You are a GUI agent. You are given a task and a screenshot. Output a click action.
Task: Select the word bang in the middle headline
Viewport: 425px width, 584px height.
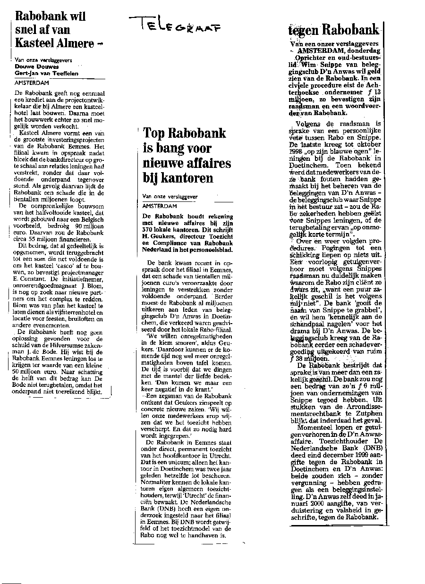pyautogui.click(x=169, y=148)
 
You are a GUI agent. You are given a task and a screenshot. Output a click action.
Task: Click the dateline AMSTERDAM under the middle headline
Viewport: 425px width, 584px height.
pyautogui.click(x=159, y=206)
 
